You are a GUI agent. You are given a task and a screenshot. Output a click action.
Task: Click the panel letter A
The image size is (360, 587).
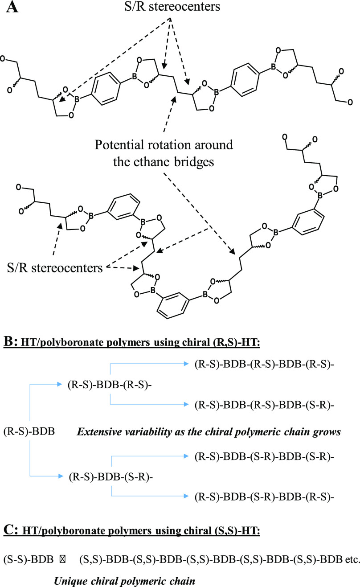click(12, 8)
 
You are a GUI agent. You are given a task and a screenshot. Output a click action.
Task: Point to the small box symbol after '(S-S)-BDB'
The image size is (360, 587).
click(62, 558)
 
